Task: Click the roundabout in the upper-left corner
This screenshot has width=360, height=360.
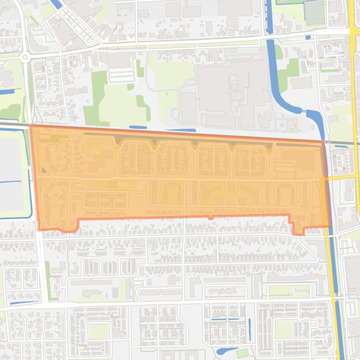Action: [x=25, y=58]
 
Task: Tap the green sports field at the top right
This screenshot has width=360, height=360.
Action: [x=315, y=13]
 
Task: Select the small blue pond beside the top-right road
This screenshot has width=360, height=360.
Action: [x=308, y=37]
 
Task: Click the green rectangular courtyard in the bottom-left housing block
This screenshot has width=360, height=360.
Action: [x=98, y=331]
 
